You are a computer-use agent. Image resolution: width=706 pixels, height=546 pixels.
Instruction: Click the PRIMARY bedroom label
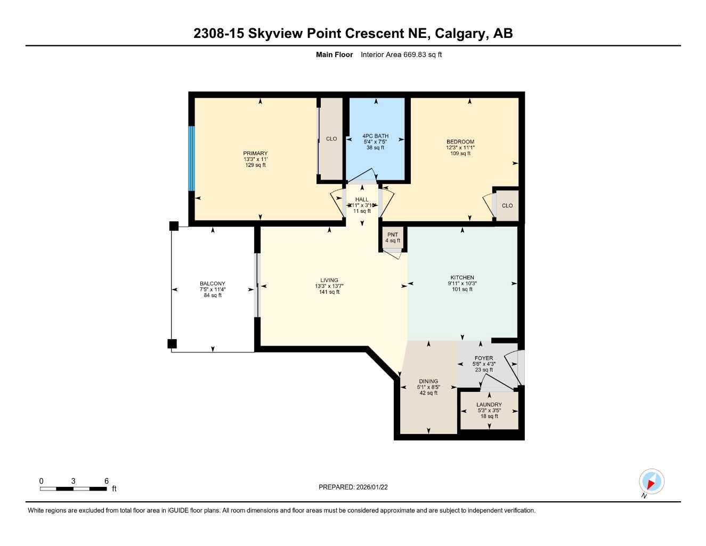pos(255,154)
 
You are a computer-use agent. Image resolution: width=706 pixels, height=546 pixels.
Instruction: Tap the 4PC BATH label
pos(375,136)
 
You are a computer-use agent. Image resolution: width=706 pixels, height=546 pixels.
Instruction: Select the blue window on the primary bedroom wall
pos(191,158)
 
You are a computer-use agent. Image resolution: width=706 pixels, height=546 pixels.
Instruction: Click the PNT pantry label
pos(393,235)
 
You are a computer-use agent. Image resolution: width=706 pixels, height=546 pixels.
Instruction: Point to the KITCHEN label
pos(462,278)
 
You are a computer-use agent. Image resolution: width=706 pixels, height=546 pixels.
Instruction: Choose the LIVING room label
pos(329,280)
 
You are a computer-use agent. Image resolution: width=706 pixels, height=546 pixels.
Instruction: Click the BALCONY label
pos(213,284)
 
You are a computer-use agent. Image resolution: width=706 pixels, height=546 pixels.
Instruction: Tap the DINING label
pos(428,382)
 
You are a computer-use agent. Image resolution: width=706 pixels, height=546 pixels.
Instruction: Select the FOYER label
pos(484,358)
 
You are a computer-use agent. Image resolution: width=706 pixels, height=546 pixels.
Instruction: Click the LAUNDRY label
pos(489,405)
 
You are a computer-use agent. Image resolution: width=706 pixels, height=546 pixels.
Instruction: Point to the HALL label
pos(362,199)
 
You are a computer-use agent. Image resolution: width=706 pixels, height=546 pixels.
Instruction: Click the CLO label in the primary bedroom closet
pos(331,139)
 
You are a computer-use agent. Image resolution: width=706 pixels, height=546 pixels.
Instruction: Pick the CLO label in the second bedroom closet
pos(507,206)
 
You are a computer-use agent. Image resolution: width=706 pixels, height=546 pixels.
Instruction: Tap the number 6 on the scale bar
pos(107,481)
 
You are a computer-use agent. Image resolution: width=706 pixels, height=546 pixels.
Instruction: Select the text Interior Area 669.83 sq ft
pos(401,54)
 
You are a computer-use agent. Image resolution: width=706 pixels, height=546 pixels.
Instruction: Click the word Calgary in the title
pos(460,34)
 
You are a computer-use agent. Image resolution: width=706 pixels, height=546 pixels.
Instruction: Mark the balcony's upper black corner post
pos(174,226)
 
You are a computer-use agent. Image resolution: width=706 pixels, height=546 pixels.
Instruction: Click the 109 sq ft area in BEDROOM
pos(460,154)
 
